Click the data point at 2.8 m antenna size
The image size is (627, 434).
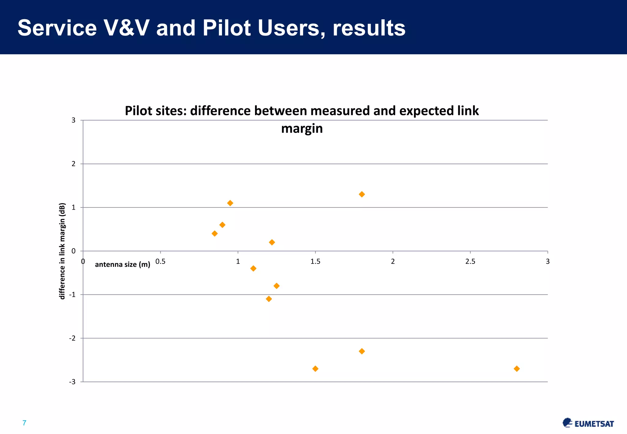[x=517, y=369]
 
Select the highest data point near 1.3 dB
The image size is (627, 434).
[x=362, y=194]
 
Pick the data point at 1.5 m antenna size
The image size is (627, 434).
[x=315, y=369]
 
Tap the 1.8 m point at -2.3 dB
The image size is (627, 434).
[x=362, y=351]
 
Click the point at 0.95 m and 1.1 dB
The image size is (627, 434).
[x=230, y=203]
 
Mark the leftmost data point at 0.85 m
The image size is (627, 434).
[x=215, y=234]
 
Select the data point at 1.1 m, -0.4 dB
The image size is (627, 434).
[x=253, y=268]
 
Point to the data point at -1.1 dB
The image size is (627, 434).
[x=269, y=299]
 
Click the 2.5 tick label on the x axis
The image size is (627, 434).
[x=470, y=261]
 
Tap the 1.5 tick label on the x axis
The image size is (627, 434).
[x=315, y=261]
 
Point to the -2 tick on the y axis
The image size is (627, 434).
[x=72, y=338]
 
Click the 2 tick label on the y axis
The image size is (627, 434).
[x=73, y=164]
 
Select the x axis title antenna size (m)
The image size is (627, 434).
[x=122, y=264]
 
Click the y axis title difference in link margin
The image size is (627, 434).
[x=62, y=251]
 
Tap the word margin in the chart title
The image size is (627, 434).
[x=302, y=129]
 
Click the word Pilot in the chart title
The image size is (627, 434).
[x=138, y=111]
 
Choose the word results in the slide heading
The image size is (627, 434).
[x=369, y=28]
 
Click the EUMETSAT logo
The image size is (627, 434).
[x=588, y=423]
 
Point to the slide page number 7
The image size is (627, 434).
[x=24, y=423]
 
